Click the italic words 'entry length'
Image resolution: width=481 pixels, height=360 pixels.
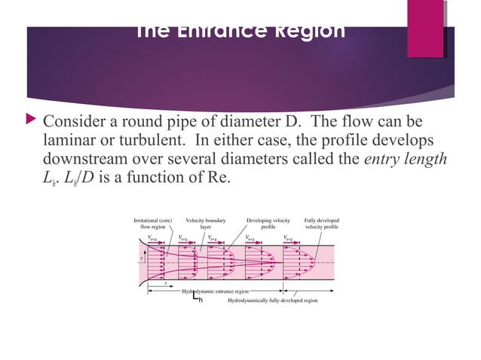pyautogui.click(x=406, y=160)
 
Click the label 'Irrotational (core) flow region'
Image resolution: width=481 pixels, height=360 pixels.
pyautogui.click(x=153, y=223)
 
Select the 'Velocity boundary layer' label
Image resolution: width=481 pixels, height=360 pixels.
pyautogui.click(x=206, y=223)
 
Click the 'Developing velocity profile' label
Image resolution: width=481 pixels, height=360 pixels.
pyautogui.click(x=268, y=223)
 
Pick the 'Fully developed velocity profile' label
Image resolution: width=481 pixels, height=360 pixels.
pyautogui.click(x=321, y=223)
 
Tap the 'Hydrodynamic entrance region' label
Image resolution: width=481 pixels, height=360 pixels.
pyautogui.click(x=216, y=291)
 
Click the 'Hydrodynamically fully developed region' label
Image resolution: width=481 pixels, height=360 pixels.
pyautogui.click(x=272, y=300)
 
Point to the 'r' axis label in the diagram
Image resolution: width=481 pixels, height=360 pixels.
pyautogui.click(x=142, y=258)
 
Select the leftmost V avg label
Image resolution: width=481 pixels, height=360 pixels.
pyautogui.click(x=153, y=238)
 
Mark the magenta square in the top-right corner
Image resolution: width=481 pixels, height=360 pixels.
pyautogui.click(x=425, y=28)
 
